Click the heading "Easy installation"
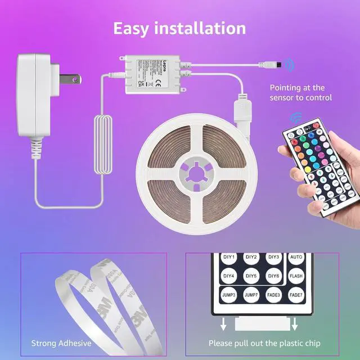[x=179, y=28]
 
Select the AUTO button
[x=296, y=258]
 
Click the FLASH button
[x=296, y=276]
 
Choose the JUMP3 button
[x=229, y=295]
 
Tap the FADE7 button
[x=296, y=295]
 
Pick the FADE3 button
[x=273, y=295]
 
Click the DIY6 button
[x=273, y=276]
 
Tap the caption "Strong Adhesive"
[x=61, y=342]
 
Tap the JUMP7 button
[x=251, y=295]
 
